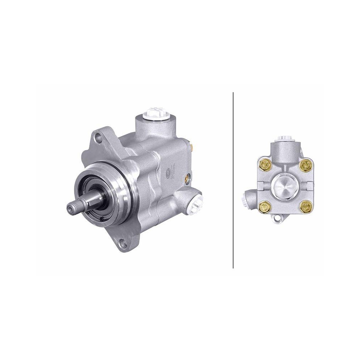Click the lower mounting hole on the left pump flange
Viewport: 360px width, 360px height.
pyautogui.click(x=123, y=243)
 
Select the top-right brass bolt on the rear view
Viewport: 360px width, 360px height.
pyautogui.click(x=307, y=165)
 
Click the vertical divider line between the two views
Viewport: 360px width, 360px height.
pyautogui.click(x=233, y=180)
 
